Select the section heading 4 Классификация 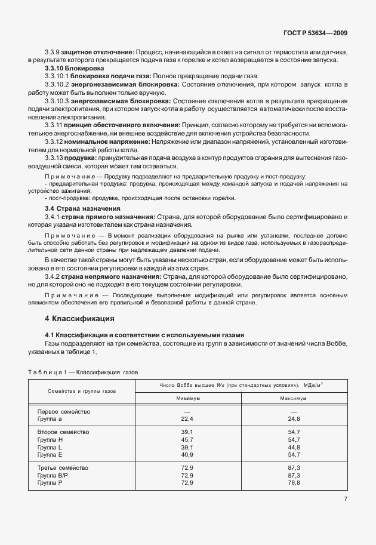coord(80,318)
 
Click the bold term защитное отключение coord(100,53)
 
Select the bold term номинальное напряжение coord(113,143)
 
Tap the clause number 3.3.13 coord(57,159)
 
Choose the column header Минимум coord(188,398)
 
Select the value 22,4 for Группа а coord(188,420)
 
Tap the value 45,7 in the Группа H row coord(188,439)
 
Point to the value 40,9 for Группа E coord(188,454)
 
